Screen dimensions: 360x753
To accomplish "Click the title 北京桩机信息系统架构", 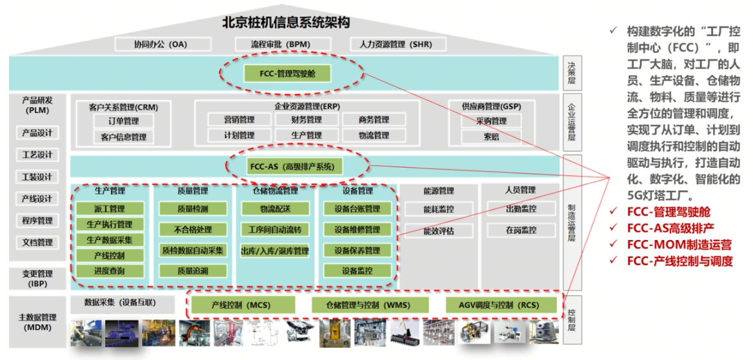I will click(286, 23).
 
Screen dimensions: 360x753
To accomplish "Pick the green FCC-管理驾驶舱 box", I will click(287, 74).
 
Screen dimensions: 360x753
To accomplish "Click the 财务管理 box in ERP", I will click(306, 119).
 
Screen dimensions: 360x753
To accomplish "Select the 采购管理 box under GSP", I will click(492, 121).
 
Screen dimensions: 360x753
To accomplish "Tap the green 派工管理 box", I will click(109, 209).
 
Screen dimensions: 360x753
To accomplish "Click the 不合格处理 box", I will click(192, 230).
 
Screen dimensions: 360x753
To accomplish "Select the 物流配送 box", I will click(275, 209).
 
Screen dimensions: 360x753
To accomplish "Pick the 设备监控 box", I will click(357, 271).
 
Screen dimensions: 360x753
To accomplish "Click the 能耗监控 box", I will click(439, 209).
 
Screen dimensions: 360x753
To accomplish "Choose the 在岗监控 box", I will click(521, 230).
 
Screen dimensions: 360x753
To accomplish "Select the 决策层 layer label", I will click(571, 74).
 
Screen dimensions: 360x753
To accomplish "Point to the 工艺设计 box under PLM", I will click(37, 155).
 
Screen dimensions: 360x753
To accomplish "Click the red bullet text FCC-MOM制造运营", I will click(679, 245).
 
